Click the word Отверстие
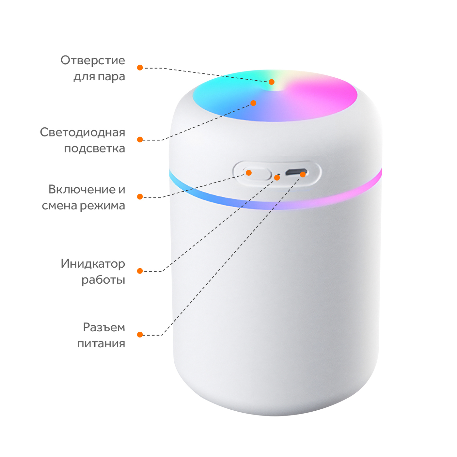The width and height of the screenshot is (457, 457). point(93,60)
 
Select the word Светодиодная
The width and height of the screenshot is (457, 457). point(83,133)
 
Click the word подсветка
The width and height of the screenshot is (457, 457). point(95,149)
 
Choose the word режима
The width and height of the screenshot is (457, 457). point(102,206)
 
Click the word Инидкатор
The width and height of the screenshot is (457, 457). point(93,264)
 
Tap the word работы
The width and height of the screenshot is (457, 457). point(103,280)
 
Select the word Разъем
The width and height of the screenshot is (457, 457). point(104,327)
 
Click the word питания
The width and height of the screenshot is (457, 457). point(101,344)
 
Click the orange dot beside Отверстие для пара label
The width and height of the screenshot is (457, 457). point(140,68)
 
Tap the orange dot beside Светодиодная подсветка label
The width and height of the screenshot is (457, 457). point(140,139)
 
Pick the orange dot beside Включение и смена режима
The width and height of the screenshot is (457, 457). point(140,197)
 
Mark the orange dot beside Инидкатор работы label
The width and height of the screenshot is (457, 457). point(140,271)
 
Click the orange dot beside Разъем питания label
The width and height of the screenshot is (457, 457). point(140,335)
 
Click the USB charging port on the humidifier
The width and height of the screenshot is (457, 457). point(296,172)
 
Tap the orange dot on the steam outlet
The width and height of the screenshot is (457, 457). point(272,82)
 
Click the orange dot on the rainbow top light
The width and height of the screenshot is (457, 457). point(253,103)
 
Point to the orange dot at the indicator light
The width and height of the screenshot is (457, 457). point(277,177)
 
